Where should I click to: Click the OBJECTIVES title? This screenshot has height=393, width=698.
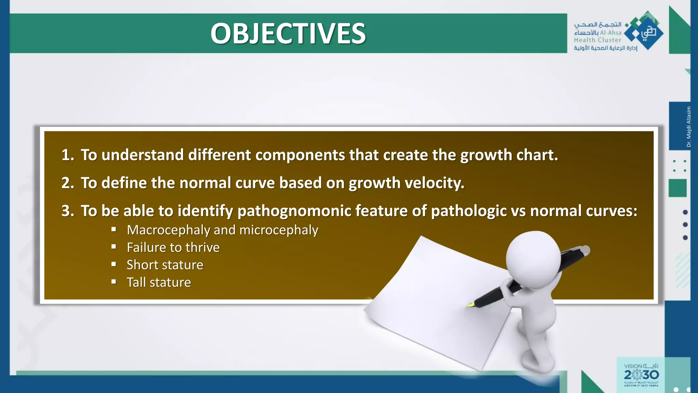[x=288, y=33]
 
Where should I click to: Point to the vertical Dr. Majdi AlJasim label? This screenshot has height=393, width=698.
[x=688, y=127]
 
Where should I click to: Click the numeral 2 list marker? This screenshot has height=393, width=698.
[x=67, y=183]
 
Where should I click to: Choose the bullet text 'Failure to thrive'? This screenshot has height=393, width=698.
[x=173, y=247]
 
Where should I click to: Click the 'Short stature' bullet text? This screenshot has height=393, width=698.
[x=165, y=265]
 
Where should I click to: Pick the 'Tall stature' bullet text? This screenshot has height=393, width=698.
[x=159, y=282]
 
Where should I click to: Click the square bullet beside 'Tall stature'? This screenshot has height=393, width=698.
[x=114, y=282]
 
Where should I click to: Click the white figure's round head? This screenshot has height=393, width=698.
[x=533, y=258]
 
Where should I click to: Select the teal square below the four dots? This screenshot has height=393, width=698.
[x=677, y=188]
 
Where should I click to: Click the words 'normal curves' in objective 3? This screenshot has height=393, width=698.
[x=583, y=211]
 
